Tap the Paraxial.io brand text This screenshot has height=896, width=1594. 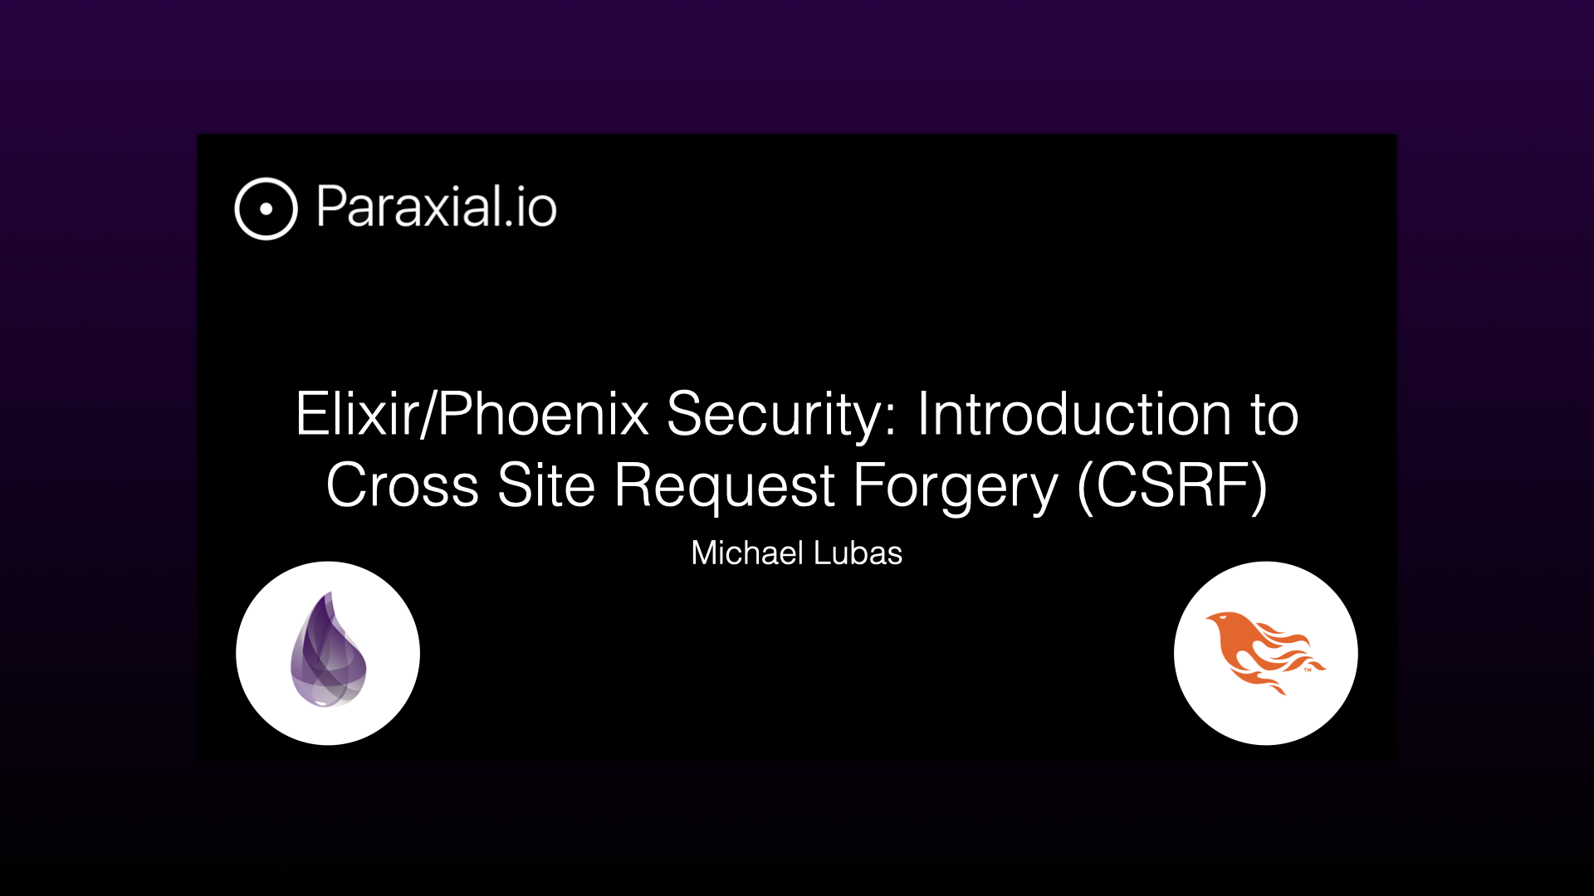[x=437, y=207]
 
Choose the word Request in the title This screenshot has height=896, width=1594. [x=724, y=488]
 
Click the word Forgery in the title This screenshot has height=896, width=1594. [x=956, y=488]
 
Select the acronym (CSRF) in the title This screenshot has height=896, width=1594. [x=1172, y=486]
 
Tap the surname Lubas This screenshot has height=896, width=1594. [x=857, y=553]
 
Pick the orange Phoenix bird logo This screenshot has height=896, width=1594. [x=1265, y=652]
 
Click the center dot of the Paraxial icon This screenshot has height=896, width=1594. [x=266, y=209]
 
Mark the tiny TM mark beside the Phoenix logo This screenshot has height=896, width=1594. [x=1308, y=669]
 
